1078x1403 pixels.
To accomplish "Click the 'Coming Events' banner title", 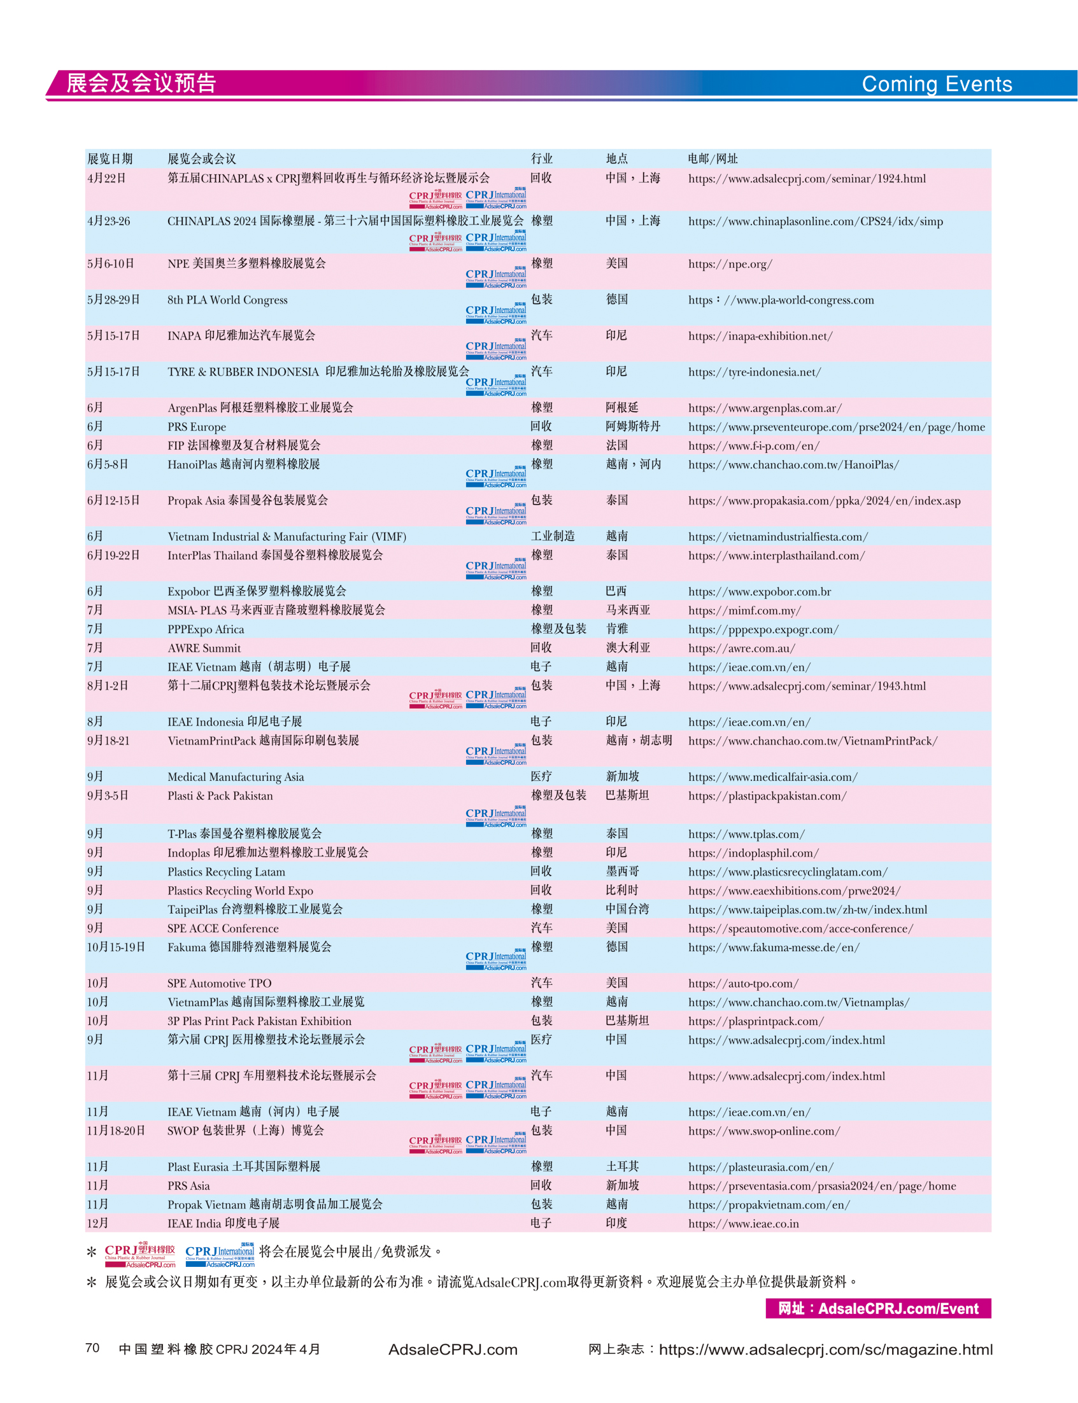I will pos(936,84).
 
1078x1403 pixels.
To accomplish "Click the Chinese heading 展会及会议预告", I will pos(141,83).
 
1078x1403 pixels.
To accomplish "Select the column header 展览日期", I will pos(110,158).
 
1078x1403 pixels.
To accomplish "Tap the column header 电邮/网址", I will pos(713,158).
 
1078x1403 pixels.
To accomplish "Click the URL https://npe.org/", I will pos(730,264).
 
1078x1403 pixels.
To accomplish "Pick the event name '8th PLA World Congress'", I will pos(227,300).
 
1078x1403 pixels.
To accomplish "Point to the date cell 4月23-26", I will pos(108,221).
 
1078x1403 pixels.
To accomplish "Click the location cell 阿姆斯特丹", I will pos(633,426).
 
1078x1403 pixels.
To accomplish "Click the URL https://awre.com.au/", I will pos(741,648).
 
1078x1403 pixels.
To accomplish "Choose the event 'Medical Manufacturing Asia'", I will pos(236,776).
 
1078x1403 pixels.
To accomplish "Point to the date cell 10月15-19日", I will pos(116,947).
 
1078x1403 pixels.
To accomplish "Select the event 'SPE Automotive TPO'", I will pos(220,983).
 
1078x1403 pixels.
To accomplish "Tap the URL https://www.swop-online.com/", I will pos(763,1131).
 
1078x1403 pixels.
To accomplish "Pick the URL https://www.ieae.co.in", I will pos(743,1224).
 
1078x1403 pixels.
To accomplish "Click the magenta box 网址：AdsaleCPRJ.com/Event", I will pos(878,1308).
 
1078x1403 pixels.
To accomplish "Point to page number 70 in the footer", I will pos(92,1347).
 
